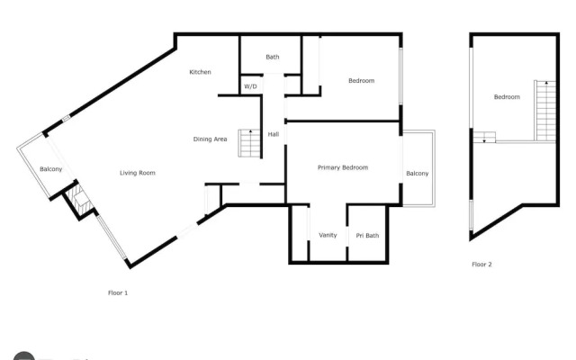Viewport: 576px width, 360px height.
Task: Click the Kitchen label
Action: click(x=200, y=72)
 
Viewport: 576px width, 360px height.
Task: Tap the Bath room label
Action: click(x=272, y=58)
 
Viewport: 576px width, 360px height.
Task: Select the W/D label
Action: click(x=250, y=86)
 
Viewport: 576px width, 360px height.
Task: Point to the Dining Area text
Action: click(x=210, y=139)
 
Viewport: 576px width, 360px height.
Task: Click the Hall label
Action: click(x=274, y=134)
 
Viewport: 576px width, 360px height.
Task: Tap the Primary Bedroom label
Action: click(x=343, y=168)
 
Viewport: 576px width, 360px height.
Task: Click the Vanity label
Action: click(x=328, y=236)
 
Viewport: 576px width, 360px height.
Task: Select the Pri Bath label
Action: click(x=367, y=236)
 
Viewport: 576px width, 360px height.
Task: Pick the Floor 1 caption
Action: click(x=118, y=292)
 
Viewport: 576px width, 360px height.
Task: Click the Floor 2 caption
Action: click(x=481, y=265)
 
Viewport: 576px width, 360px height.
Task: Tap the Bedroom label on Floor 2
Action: click(x=506, y=97)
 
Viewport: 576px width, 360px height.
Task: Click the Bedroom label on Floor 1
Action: click(x=361, y=81)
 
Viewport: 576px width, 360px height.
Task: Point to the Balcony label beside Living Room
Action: click(x=50, y=169)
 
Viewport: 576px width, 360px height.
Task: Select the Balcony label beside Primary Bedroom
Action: click(x=417, y=174)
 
